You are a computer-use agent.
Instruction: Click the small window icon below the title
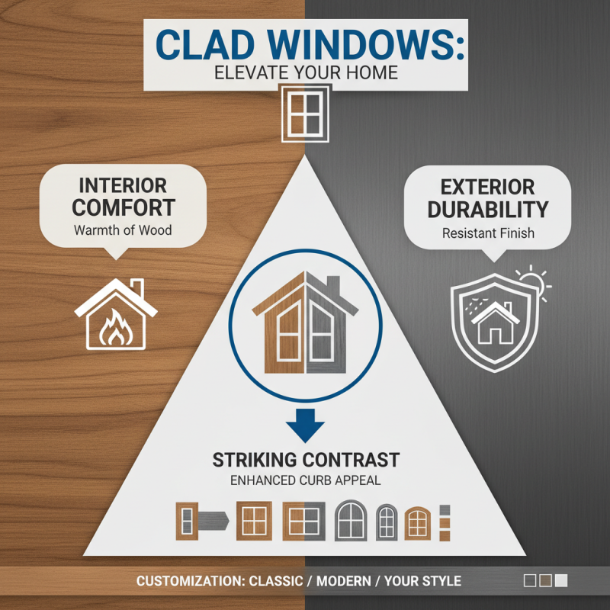point(305,113)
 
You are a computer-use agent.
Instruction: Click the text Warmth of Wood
point(124,230)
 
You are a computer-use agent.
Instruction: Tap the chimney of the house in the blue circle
point(333,287)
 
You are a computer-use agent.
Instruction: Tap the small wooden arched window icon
point(416,522)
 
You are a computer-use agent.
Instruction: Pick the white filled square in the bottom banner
point(561,581)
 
